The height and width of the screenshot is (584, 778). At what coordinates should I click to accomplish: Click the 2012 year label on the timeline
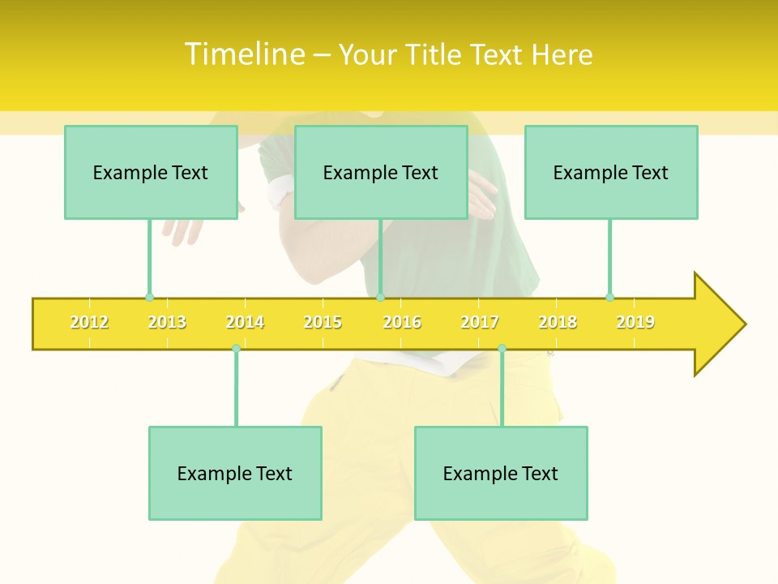89,322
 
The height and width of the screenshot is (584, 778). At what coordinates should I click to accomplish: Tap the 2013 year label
167,322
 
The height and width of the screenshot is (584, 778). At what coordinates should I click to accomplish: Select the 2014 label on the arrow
245,322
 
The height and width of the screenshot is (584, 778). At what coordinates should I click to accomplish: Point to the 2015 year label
323,322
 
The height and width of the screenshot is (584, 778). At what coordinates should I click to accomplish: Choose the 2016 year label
402,322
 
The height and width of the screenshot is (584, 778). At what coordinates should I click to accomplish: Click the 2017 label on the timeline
480,322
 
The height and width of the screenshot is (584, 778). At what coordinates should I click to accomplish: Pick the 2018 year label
558,322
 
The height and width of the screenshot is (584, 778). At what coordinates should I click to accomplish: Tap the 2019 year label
635,322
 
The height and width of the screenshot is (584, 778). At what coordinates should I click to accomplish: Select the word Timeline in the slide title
245,54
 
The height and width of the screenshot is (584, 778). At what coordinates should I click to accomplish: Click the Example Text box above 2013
151,172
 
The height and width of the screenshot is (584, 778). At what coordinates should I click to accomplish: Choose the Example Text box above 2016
381,172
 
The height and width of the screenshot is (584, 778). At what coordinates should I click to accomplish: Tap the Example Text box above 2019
611,172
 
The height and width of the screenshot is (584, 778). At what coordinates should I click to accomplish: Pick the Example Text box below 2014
235,473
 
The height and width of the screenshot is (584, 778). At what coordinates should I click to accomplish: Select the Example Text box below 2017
501,473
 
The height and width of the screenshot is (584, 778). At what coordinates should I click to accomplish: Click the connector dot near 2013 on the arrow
149,298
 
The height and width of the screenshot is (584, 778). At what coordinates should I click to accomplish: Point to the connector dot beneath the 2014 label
236,348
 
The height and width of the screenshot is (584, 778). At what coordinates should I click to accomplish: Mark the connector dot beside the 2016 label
380,298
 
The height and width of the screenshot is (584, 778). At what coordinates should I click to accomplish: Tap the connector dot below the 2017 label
502,348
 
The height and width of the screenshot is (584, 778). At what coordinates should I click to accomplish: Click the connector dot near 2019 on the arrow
610,297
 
